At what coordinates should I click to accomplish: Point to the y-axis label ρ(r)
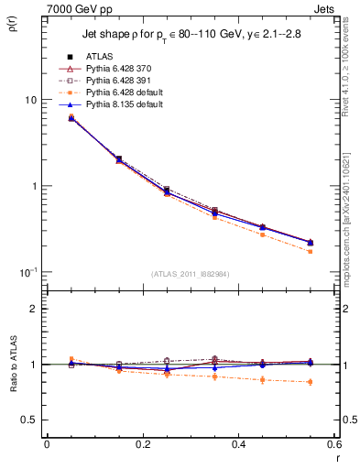coord(14,21)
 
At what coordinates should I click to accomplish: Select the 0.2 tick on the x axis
coord(142,444)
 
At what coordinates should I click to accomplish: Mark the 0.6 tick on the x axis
coord(334,444)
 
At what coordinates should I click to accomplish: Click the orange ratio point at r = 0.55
coord(311,382)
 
